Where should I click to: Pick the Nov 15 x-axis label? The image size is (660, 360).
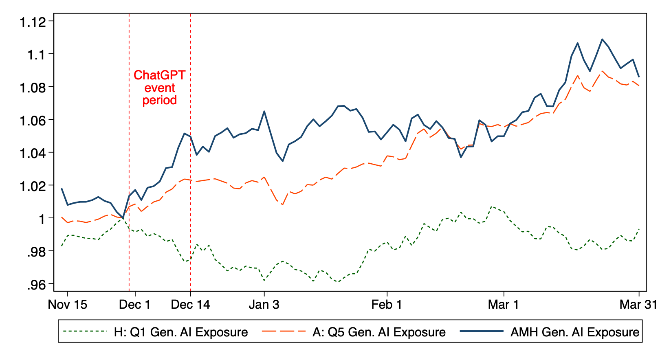(x=68, y=305)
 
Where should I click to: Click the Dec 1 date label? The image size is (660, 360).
(x=134, y=305)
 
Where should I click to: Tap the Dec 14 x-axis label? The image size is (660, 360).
(x=190, y=305)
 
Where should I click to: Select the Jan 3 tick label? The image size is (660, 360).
(x=264, y=305)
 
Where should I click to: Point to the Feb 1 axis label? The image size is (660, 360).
(x=387, y=305)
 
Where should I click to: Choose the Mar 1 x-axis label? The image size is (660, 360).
(x=504, y=305)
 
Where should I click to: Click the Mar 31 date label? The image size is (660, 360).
(x=638, y=305)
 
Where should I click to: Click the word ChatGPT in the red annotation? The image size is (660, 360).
(x=160, y=75)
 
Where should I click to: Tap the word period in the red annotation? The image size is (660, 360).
(x=160, y=100)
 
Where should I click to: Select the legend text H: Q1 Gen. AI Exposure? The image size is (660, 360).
(x=181, y=332)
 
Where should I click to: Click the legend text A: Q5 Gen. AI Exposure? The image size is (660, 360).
(x=379, y=332)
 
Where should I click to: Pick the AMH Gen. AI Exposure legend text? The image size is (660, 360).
(x=575, y=332)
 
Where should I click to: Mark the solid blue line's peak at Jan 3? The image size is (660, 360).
(x=264, y=111)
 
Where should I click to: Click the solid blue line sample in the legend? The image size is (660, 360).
(x=482, y=331)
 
